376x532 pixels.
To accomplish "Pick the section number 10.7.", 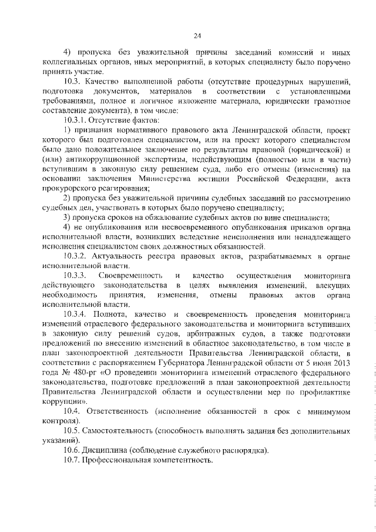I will (x=72, y=460).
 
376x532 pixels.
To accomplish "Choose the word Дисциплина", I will (x=112, y=450).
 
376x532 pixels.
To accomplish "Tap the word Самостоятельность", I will (x=123, y=431).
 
